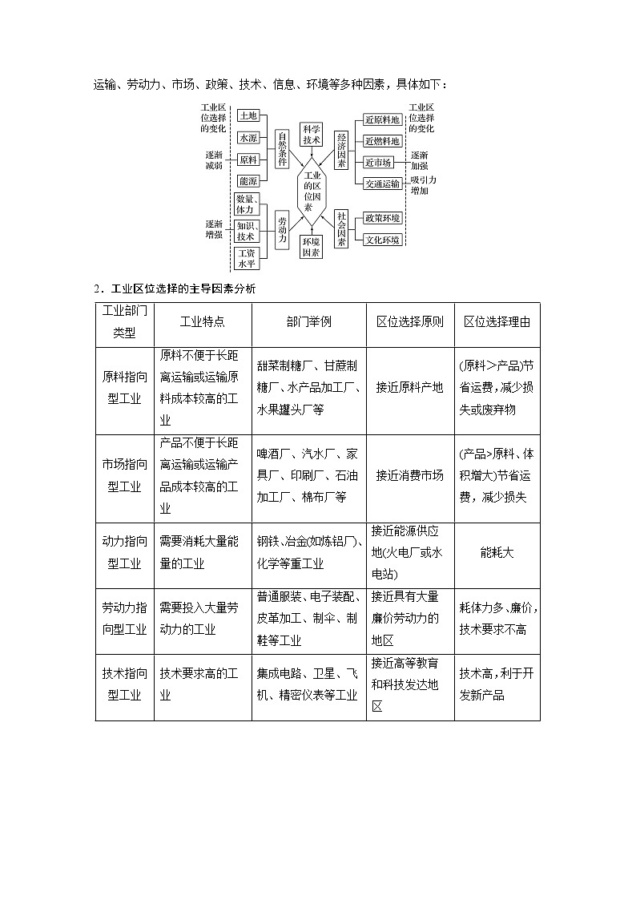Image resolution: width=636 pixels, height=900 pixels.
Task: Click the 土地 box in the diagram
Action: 248,116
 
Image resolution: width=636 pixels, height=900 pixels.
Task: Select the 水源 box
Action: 248,138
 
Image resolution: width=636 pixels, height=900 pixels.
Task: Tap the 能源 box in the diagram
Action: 248,181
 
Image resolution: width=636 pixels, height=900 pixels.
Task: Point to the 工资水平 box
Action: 246,258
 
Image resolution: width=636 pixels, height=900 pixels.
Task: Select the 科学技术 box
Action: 311,134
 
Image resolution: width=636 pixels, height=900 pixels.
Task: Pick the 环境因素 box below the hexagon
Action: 311,247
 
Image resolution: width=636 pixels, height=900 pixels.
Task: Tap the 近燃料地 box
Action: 381,141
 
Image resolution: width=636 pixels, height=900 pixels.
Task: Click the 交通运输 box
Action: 381,184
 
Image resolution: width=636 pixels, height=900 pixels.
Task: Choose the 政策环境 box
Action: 382,218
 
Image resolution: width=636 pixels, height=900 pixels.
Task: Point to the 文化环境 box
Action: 382,240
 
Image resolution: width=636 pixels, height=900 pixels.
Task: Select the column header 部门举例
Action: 308,321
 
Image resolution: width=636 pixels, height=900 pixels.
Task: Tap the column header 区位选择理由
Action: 497,321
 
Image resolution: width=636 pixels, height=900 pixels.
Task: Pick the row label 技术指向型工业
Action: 124,684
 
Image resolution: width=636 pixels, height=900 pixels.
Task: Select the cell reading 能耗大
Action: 497,553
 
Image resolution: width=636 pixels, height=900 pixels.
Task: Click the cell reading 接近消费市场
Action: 409,475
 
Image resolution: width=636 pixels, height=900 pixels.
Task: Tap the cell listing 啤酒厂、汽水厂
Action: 308,475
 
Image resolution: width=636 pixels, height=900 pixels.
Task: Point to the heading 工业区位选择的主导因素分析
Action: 179,289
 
